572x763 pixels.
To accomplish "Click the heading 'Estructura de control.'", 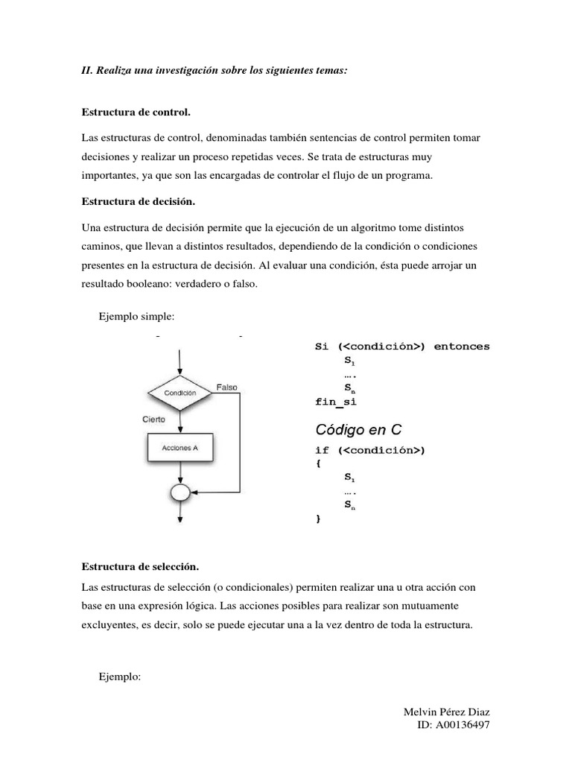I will (136, 113).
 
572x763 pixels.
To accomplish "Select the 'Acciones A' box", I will (179, 449).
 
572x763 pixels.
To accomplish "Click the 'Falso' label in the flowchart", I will (227, 387).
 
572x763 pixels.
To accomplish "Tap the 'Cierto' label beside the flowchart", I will (154, 420).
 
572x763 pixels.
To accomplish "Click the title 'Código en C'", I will (359, 429).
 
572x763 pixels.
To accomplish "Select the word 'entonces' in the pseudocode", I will (462, 347).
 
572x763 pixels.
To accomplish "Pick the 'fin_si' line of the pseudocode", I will (337, 402).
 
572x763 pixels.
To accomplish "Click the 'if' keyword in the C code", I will (322, 450).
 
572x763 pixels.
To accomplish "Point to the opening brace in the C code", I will (319, 463).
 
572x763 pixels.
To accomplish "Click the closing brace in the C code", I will (319, 519).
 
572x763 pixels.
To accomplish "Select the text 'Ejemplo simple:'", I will (136, 317).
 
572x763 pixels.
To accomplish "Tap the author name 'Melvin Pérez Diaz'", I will (446, 712).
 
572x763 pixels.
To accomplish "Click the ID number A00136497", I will (463, 725).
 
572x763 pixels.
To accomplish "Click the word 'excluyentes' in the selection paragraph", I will (107, 625).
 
